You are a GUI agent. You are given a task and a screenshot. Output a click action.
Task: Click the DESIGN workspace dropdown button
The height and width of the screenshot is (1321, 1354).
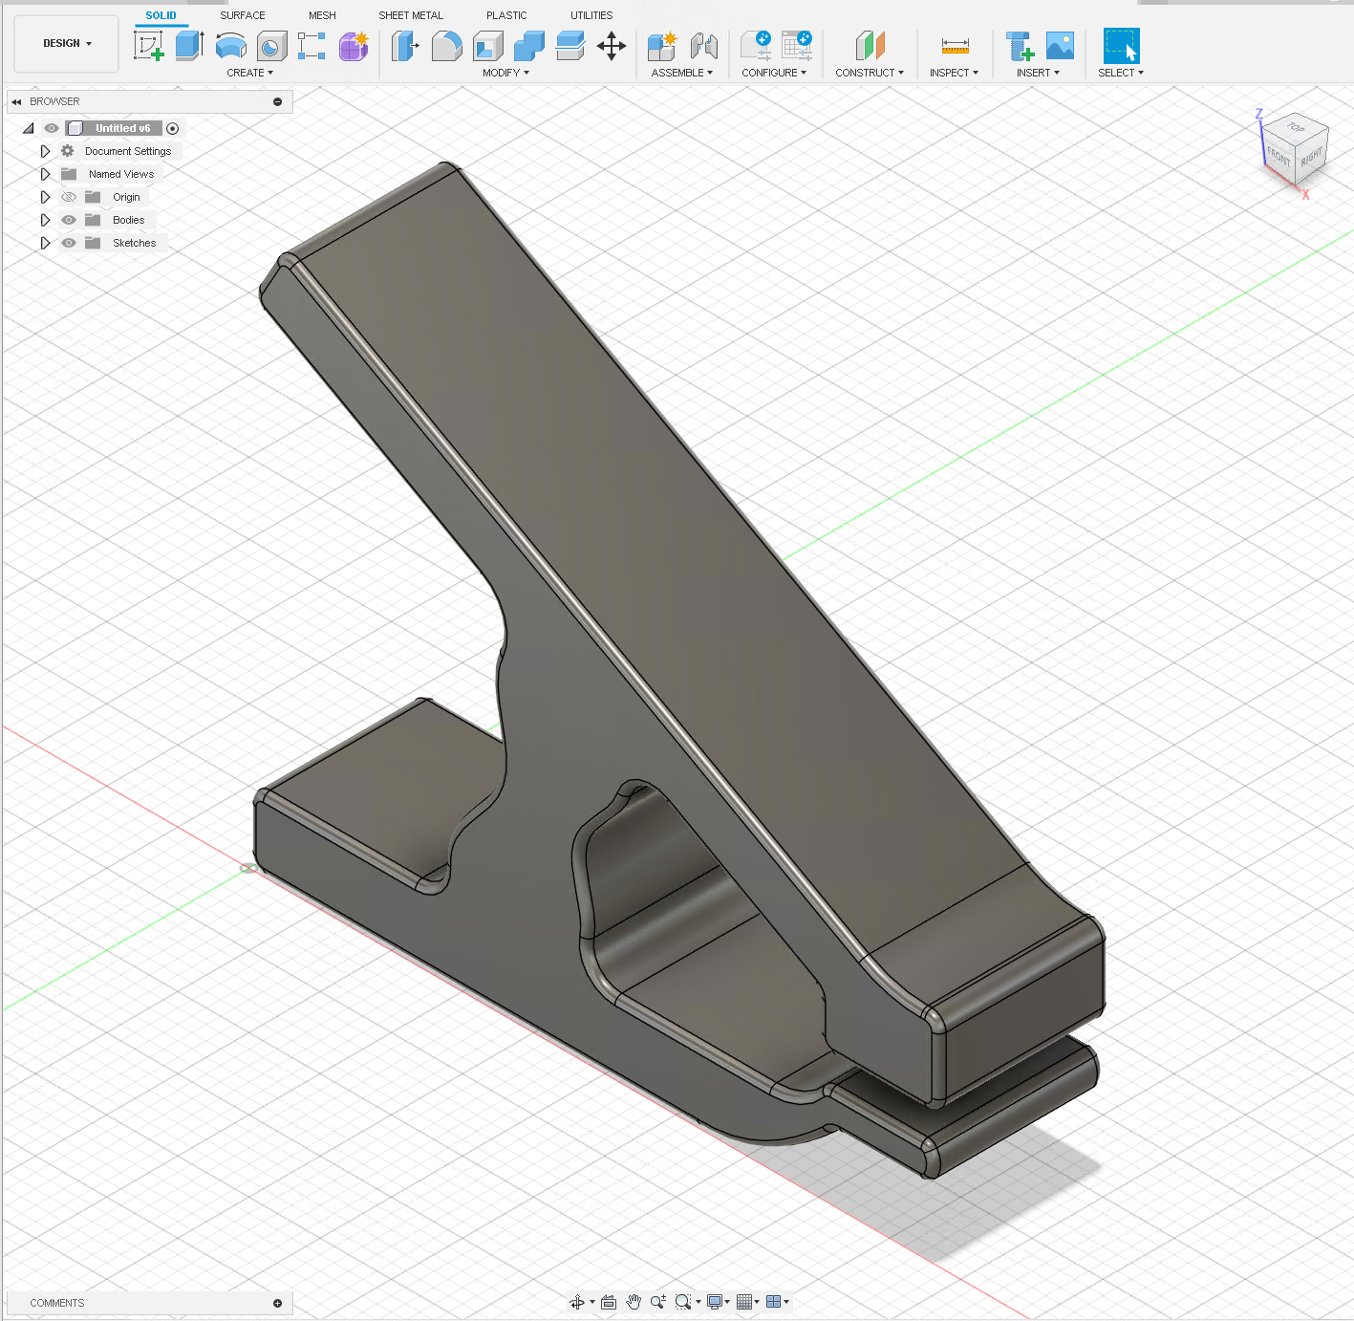tap(67, 44)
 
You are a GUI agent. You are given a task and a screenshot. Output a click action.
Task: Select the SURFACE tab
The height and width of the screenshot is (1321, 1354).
tap(243, 15)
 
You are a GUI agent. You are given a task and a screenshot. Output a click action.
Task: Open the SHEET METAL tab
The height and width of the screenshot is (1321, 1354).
tap(411, 15)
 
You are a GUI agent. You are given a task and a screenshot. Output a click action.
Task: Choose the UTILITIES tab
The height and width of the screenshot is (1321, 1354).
tap(591, 15)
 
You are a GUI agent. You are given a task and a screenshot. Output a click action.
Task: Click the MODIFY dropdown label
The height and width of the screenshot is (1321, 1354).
tap(505, 73)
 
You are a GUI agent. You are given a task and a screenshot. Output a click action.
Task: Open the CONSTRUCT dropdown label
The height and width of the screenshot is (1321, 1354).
tap(869, 73)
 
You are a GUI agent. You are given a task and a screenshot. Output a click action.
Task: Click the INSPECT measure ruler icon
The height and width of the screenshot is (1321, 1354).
tap(955, 46)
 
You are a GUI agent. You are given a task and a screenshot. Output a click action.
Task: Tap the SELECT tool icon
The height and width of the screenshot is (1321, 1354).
tap(1121, 46)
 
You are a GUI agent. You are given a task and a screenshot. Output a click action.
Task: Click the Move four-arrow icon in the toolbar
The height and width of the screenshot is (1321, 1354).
tap(612, 46)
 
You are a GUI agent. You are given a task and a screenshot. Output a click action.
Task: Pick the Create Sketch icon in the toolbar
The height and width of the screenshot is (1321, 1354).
tap(148, 46)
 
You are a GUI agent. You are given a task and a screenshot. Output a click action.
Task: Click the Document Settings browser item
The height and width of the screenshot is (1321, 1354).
tap(128, 151)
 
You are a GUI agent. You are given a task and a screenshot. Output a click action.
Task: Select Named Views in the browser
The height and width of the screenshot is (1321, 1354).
tap(121, 174)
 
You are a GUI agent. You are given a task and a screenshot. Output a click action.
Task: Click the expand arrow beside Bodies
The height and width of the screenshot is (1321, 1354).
tap(45, 220)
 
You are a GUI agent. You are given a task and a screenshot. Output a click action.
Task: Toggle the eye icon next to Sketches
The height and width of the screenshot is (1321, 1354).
tap(69, 243)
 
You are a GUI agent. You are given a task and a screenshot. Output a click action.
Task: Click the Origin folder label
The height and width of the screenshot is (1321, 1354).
tap(126, 197)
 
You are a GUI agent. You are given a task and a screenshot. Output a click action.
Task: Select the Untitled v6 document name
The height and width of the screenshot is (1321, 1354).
tap(122, 128)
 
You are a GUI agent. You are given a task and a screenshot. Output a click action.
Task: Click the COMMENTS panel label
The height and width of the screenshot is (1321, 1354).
tap(57, 1303)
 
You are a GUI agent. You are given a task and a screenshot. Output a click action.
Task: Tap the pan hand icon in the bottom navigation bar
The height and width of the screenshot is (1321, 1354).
tap(634, 1302)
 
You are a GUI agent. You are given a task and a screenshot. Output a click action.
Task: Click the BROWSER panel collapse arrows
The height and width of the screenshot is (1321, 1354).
tap(16, 101)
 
